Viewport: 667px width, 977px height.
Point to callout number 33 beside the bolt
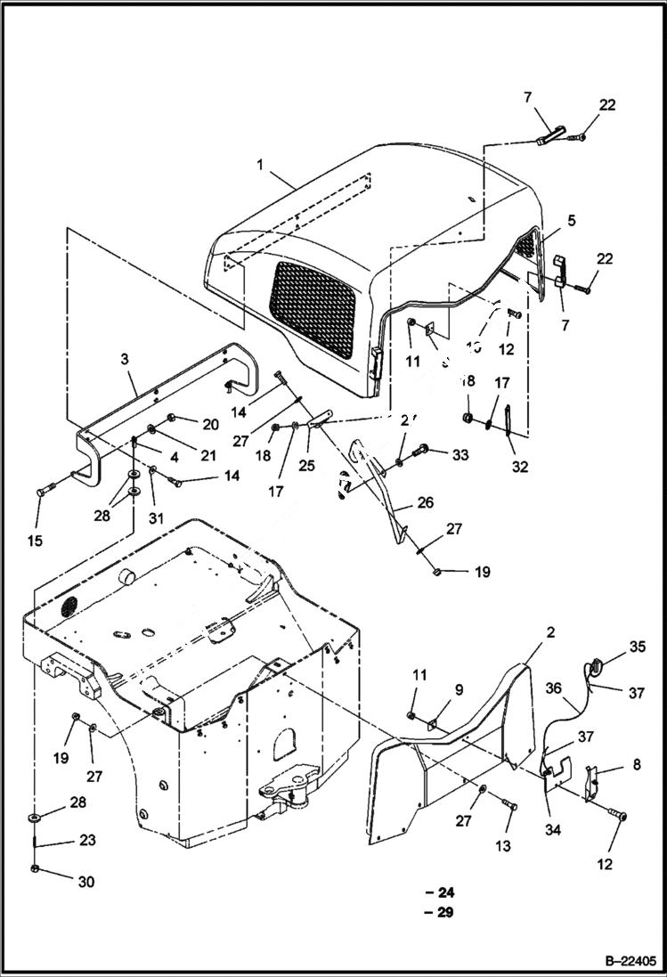pos(460,455)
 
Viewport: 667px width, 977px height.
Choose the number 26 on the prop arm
pos(425,503)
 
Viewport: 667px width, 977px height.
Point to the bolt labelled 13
pos(509,805)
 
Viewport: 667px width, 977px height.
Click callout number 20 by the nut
pos(210,424)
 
